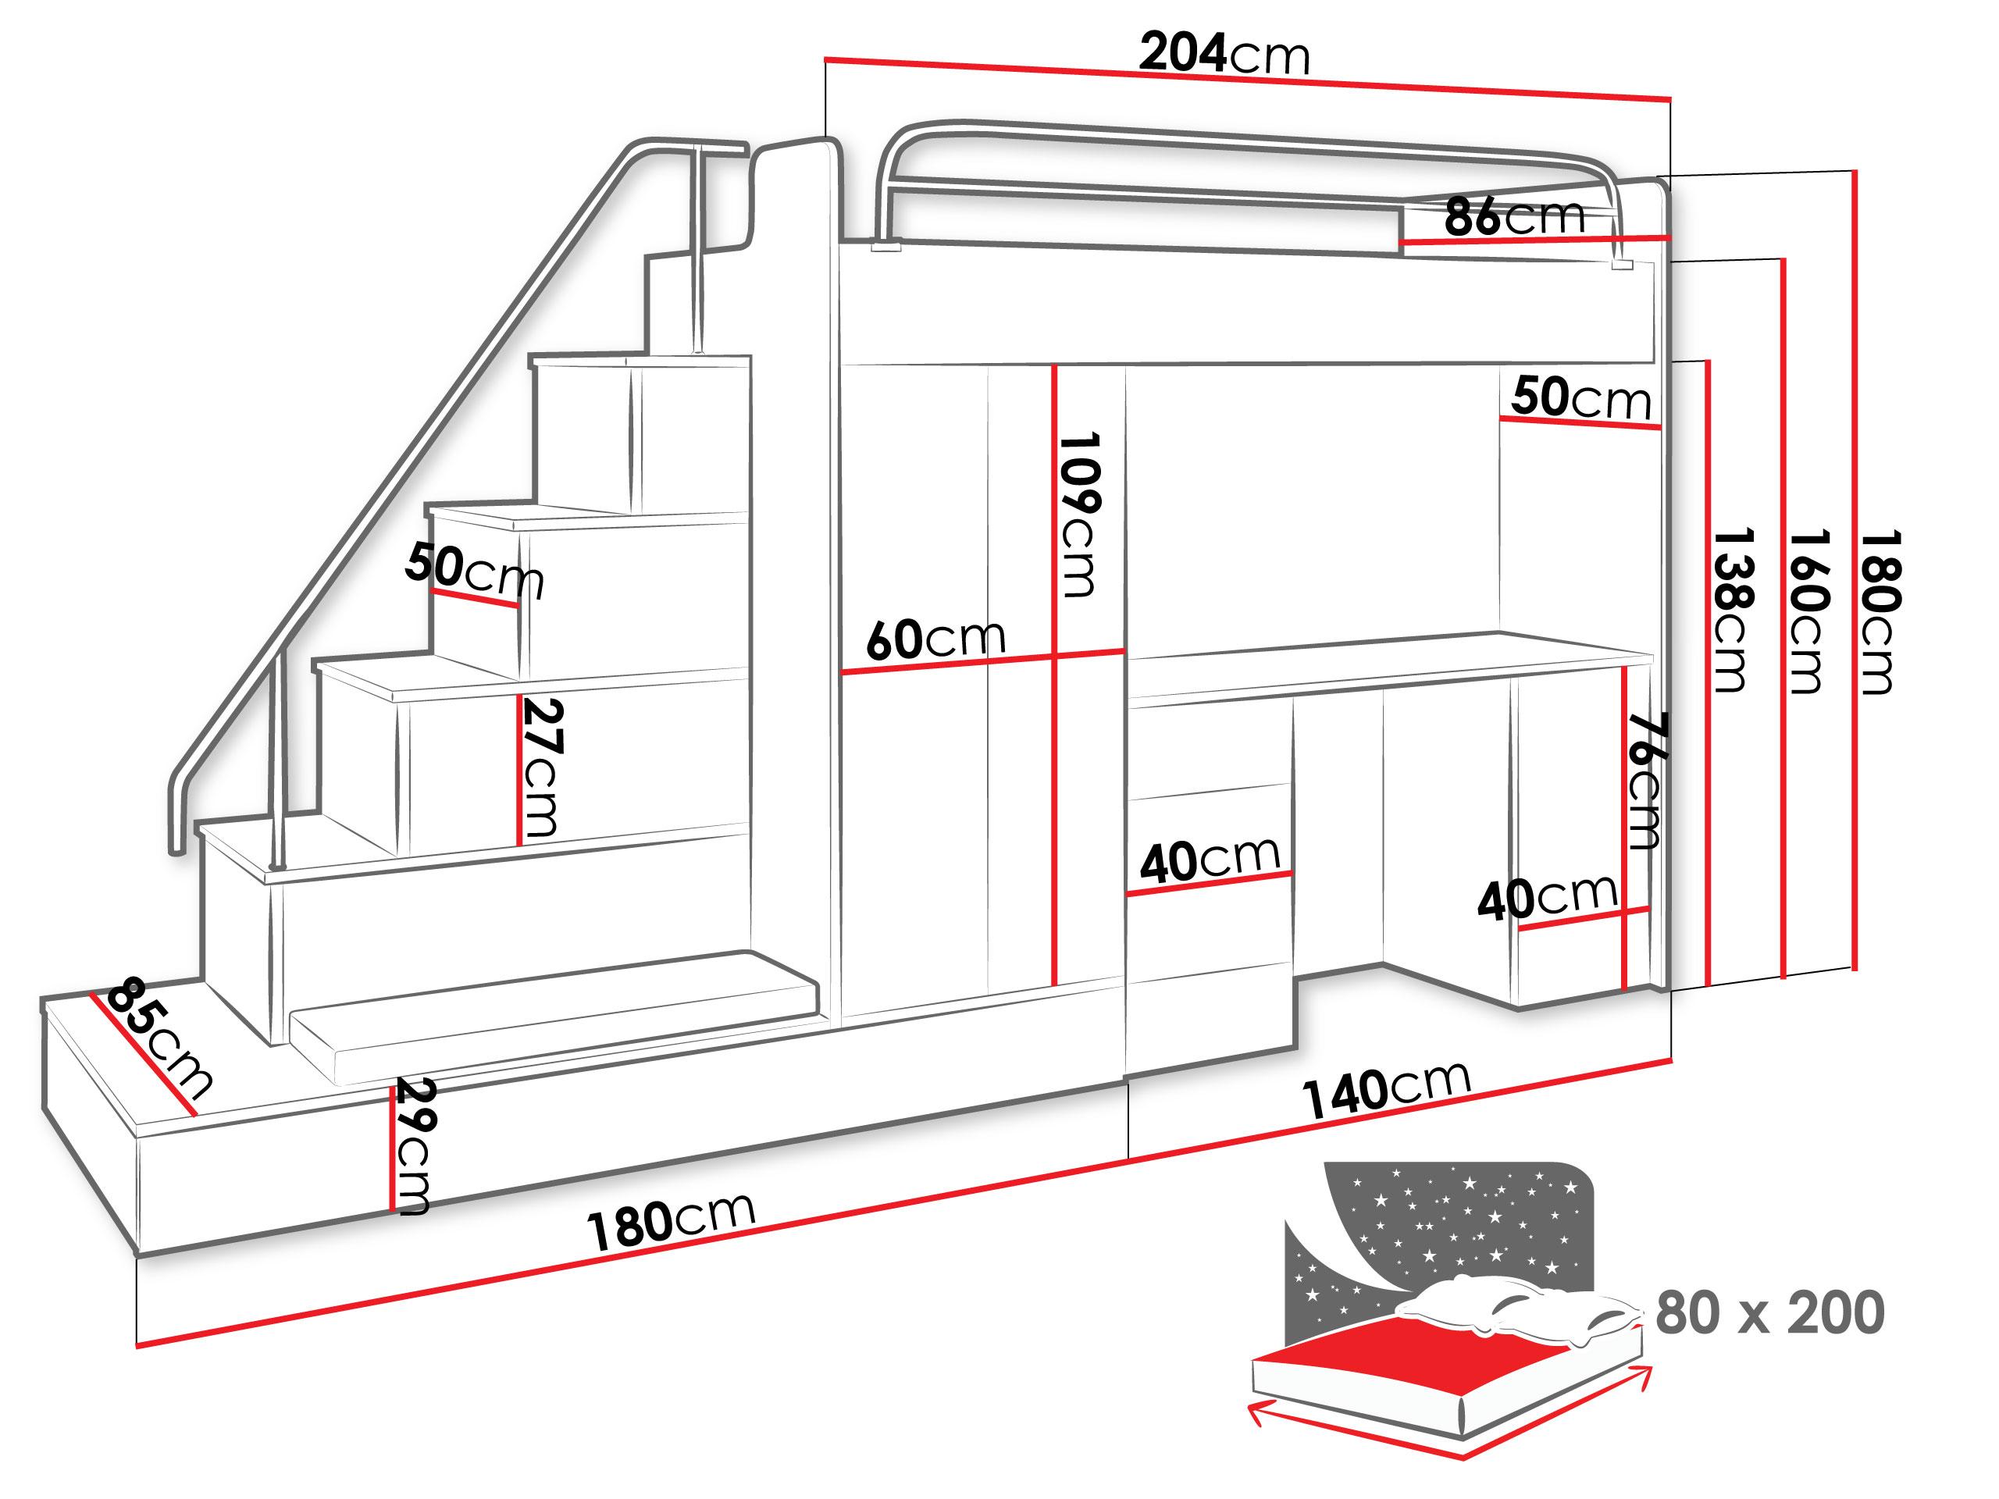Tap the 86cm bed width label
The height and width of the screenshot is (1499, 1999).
point(1514,217)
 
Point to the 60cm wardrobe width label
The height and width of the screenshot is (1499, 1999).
point(935,639)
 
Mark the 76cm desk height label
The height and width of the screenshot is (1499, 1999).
point(1645,781)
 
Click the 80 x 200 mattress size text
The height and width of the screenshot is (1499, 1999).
point(1769,1313)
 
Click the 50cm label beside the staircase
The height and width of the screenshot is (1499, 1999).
point(475,569)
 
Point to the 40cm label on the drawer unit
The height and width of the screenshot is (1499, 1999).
point(1209,860)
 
